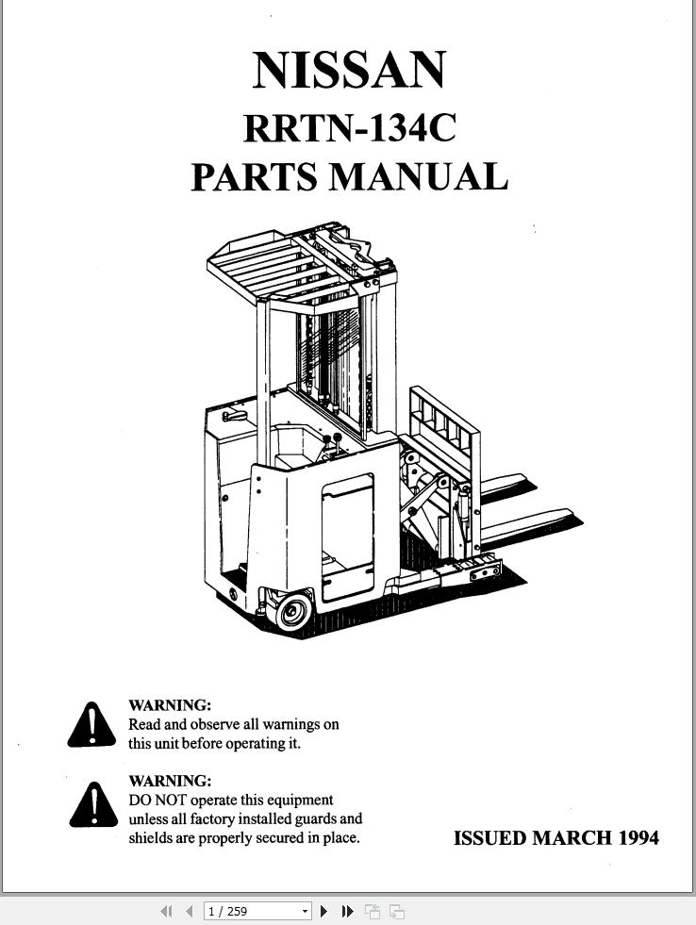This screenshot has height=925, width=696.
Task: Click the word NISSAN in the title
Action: [349, 70]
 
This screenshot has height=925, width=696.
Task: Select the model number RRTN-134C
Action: [350, 127]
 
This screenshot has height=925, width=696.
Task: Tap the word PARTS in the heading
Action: [255, 176]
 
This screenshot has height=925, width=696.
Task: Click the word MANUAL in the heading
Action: [418, 176]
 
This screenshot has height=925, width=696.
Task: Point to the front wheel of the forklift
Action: [293, 611]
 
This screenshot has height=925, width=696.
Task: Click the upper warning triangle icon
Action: [92, 726]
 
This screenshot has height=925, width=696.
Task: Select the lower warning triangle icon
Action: [93, 805]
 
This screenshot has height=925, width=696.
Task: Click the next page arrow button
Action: [323, 912]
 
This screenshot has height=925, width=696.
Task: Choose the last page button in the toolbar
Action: [348, 912]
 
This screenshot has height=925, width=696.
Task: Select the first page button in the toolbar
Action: [166, 912]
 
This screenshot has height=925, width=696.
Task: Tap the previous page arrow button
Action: [190, 912]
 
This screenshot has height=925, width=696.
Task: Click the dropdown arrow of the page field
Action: [305, 912]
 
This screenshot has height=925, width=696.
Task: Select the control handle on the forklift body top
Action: [234, 416]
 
